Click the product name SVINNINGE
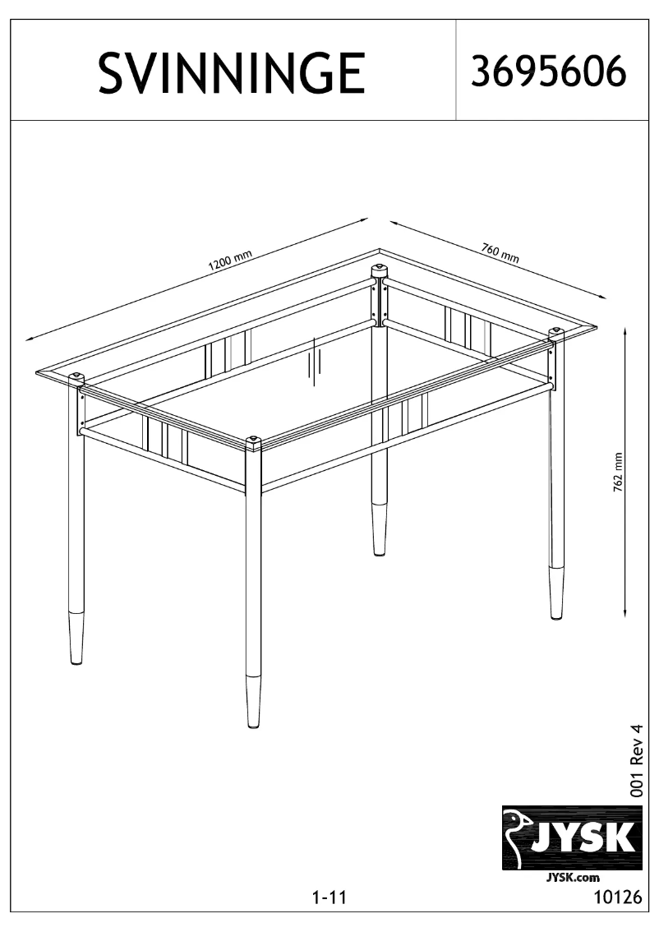(x=232, y=73)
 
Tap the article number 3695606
(x=548, y=72)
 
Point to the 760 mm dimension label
(x=500, y=253)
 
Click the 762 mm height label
(x=618, y=472)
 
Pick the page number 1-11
(x=329, y=897)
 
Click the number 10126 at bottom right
(x=618, y=897)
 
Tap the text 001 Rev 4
(x=637, y=761)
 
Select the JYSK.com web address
(x=572, y=877)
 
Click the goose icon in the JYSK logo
(x=516, y=837)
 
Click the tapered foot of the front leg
(x=253, y=701)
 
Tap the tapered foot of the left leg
(x=76, y=638)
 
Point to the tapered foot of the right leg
(x=556, y=593)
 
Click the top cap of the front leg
(x=254, y=443)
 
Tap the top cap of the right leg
(x=557, y=332)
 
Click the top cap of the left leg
(x=76, y=378)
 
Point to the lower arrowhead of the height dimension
(x=626, y=612)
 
